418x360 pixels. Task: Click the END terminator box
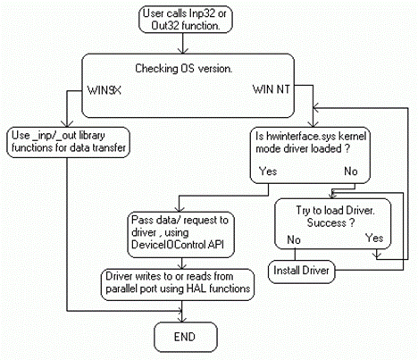point(186,337)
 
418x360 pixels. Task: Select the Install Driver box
point(301,271)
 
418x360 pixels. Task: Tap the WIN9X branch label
point(104,90)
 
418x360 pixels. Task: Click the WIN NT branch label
point(271,89)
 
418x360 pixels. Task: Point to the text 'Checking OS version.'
point(183,69)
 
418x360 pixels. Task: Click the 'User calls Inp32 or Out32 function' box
point(185,20)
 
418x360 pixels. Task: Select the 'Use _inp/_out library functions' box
point(69,142)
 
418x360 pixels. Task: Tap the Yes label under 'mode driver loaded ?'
point(268,172)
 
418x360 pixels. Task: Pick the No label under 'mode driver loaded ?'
point(351,172)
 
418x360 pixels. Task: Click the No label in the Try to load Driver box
point(294,239)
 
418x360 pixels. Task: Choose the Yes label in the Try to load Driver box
point(374,238)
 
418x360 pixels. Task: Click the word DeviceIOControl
point(169,245)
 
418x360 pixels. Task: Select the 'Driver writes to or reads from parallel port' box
point(178,284)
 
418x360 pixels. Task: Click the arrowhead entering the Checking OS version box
point(183,51)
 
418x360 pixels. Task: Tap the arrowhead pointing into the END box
point(182,319)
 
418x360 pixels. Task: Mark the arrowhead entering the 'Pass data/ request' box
point(179,208)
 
